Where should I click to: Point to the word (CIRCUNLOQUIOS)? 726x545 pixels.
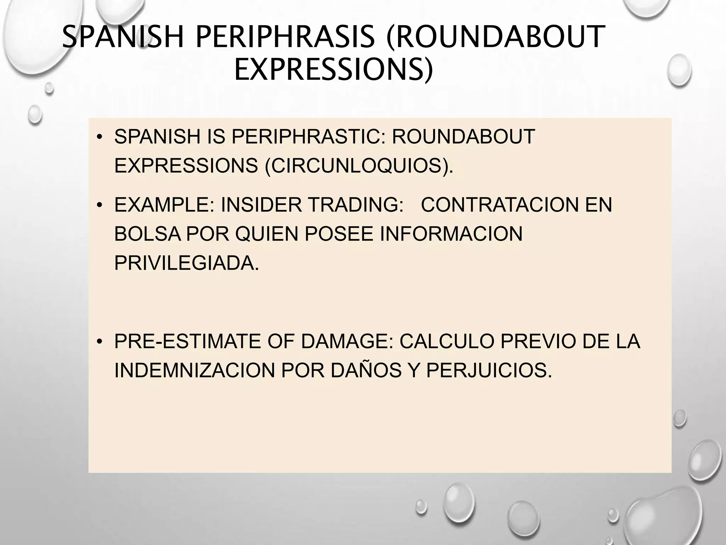coord(359,165)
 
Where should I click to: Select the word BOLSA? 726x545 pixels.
coord(148,234)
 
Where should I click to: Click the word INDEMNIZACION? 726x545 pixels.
coord(195,370)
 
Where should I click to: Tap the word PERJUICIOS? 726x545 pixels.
coord(489,370)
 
